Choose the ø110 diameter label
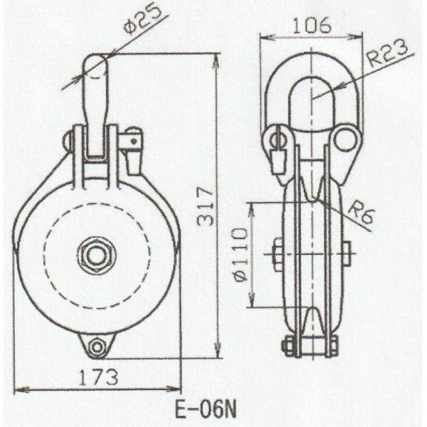(241, 255)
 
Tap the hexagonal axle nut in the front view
(93, 255)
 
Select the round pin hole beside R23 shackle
(345, 139)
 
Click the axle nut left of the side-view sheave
(277, 254)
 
